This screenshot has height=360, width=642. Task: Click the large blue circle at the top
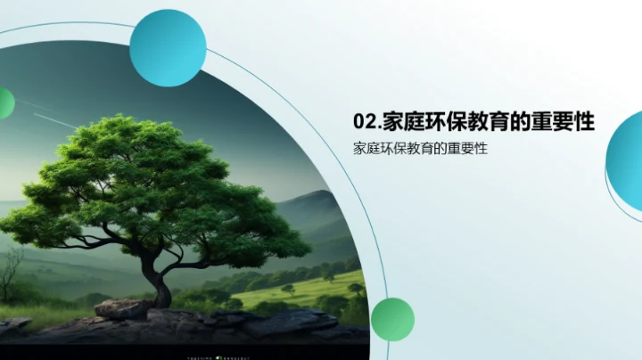coord(168,47)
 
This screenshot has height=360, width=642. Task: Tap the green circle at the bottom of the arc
coord(392,319)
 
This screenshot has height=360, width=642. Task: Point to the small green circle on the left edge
coord(4,103)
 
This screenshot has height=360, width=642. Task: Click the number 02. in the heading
coord(366,122)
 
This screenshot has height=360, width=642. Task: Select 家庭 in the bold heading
coord(398,122)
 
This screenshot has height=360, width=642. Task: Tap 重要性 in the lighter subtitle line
coord(470,149)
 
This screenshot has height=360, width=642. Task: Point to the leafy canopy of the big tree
coord(152,178)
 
